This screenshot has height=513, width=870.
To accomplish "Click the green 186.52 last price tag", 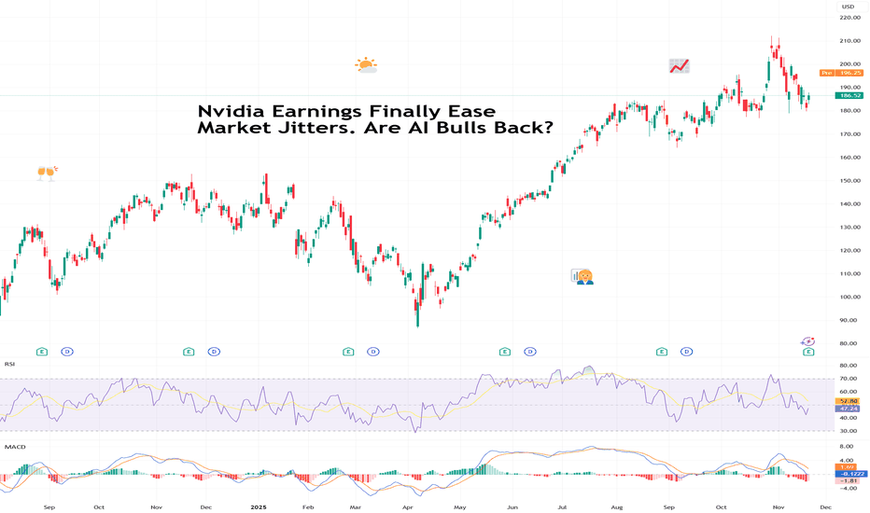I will (849, 96).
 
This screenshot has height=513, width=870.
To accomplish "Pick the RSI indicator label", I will (9, 364).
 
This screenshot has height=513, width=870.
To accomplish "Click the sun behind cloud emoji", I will (366, 65).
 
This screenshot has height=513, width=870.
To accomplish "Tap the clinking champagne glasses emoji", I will (47, 172).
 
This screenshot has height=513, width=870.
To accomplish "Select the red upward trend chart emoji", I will (679, 65).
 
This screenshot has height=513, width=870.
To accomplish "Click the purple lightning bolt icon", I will (808, 342).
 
